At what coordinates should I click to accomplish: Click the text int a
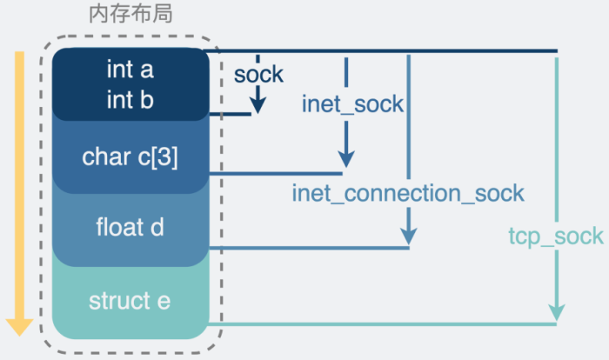point(130,68)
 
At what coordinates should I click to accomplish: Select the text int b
point(130,99)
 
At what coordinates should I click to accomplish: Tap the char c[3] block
point(130,157)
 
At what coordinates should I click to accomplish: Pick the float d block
point(130,229)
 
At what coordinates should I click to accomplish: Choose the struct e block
point(130,302)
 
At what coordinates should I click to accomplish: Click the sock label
point(258,74)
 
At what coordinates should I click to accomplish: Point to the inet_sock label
point(352,104)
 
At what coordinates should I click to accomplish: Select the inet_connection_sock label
point(408,192)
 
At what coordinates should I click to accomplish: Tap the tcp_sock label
point(555,236)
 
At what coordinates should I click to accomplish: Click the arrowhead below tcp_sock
point(556,312)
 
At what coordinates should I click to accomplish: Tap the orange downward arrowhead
point(19,327)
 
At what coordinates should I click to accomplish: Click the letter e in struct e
point(164,302)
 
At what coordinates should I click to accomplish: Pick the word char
point(101,157)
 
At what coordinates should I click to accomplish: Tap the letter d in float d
point(157,229)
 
